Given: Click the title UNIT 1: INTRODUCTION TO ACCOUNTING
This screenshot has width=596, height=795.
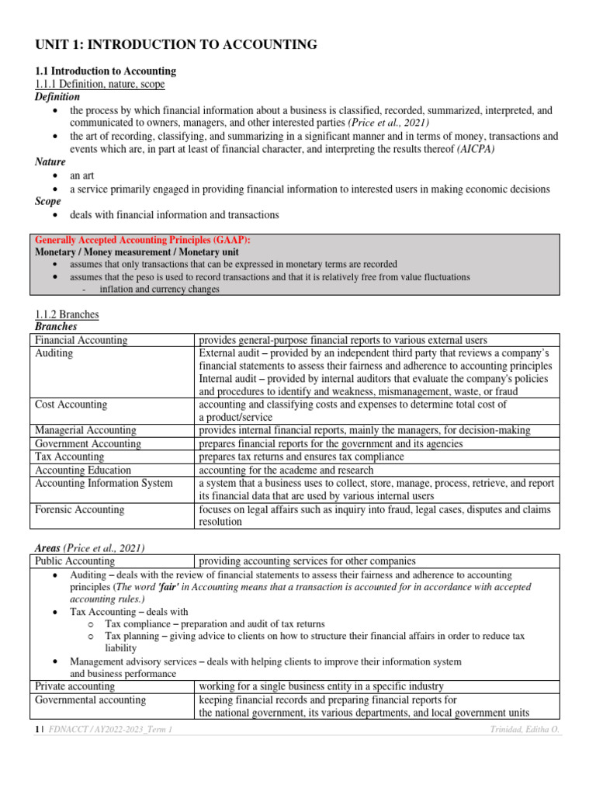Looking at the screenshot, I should pyautogui.click(x=176, y=45).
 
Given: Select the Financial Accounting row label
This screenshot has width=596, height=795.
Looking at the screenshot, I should pyautogui.click(x=81, y=340).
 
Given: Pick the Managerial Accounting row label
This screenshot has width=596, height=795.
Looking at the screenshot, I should pyautogui.click(x=85, y=430).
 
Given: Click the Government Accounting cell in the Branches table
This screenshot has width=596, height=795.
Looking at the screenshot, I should pyautogui.click(x=88, y=443).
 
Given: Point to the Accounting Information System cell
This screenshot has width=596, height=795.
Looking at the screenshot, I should pyautogui.click(x=104, y=483).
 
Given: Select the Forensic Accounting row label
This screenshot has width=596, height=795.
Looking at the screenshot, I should pyautogui.click(x=80, y=509).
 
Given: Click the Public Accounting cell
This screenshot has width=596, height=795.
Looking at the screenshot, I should pyautogui.click(x=75, y=561).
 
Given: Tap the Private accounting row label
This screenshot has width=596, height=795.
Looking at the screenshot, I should pyautogui.click(x=75, y=686).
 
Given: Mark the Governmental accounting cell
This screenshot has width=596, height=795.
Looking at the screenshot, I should pyautogui.click(x=90, y=700).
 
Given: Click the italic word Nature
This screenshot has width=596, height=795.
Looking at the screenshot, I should pyautogui.click(x=50, y=162).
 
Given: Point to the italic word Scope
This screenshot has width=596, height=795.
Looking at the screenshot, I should pyautogui.click(x=50, y=201).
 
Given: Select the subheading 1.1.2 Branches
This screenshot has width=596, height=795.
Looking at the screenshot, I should pyautogui.click(x=67, y=314).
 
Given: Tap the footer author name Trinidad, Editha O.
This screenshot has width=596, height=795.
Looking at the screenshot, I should pyautogui.click(x=520, y=731).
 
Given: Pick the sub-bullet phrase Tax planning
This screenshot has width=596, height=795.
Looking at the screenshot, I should pyautogui.click(x=132, y=636).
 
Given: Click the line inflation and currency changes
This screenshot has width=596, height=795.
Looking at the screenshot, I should pyautogui.click(x=159, y=289).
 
